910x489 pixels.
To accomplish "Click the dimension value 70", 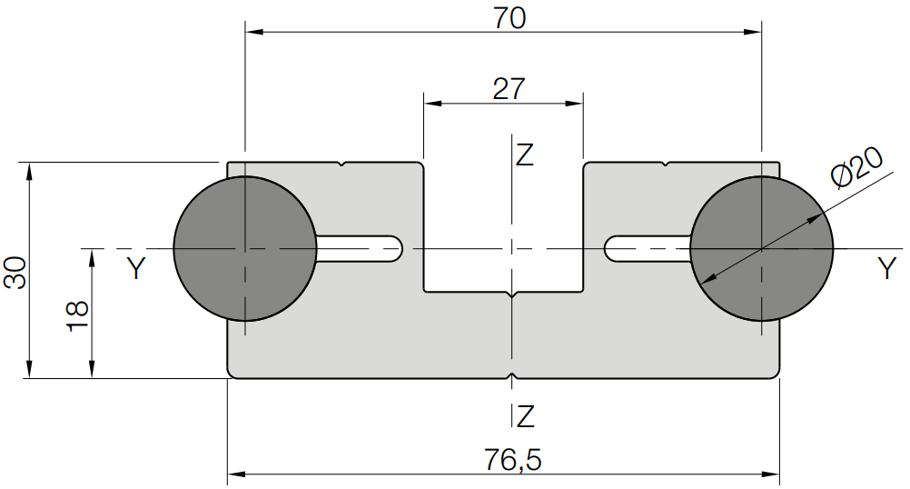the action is coord(509,17).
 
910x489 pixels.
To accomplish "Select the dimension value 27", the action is coord(509,89).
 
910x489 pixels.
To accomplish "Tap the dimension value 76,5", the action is coord(513,460).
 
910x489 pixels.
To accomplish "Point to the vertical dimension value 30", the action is coord(15,272).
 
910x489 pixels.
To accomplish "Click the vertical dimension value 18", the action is coord(78,316).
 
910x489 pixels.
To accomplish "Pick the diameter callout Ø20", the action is coord(856,167).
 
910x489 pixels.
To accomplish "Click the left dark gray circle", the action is coord(245,248).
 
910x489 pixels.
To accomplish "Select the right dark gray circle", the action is coord(761,248).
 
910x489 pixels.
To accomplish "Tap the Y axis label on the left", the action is coord(136,268).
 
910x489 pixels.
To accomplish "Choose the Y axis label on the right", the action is coord(886,268).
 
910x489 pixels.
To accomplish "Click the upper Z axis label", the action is coord(525,155).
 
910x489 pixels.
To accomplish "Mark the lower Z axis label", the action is coord(525,416).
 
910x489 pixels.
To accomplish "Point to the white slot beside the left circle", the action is coord(360,248).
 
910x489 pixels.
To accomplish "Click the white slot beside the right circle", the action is coord(648,248).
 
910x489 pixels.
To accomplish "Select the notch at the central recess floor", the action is coord(511,294).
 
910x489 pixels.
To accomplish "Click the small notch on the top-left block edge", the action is coord(342,165).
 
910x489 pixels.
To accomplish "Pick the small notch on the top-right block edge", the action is coord(667,165).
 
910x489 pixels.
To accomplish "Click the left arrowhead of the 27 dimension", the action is coord(433,104).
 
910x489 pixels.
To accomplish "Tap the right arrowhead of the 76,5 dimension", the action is coord(770,474).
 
